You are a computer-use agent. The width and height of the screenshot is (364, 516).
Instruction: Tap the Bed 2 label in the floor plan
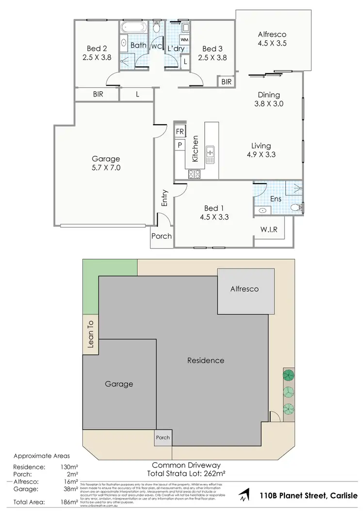point(97,53)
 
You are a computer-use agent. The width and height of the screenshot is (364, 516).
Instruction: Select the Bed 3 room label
point(212,53)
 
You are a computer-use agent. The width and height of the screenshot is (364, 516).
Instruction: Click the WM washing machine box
point(184,39)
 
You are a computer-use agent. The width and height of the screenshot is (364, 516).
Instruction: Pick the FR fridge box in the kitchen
point(180,132)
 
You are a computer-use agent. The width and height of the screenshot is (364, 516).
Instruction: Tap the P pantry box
point(180,145)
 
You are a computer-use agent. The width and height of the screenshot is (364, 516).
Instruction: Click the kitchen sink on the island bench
point(211,154)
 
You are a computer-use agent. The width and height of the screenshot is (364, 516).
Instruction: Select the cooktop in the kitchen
point(195,175)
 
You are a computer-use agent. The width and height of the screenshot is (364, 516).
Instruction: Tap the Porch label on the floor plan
point(162,236)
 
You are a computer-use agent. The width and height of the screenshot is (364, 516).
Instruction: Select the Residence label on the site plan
point(206,360)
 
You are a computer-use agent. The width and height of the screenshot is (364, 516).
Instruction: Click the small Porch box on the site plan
point(163,437)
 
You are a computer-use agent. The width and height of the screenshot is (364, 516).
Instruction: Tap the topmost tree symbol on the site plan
point(289,375)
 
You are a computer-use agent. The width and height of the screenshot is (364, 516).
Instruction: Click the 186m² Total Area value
point(71,502)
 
